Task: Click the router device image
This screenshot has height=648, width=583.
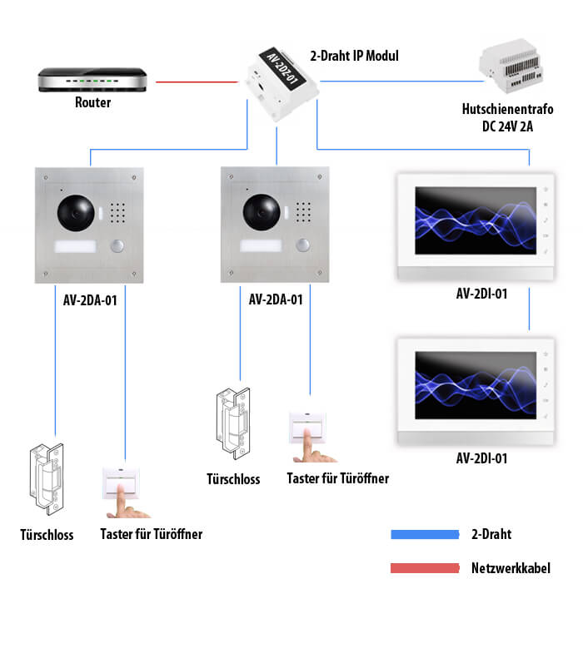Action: (92, 81)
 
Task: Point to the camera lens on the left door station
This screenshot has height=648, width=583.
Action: (73, 214)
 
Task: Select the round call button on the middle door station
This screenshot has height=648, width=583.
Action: (305, 246)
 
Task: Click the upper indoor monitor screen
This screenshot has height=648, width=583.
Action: (471, 219)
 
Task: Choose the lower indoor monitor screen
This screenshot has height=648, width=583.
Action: (471, 383)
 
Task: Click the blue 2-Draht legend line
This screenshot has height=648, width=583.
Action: (425, 534)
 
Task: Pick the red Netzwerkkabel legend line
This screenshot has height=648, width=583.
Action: (425, 568)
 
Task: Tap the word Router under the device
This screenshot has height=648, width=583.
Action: (92, 103)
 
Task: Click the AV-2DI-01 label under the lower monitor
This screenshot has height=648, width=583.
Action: (481, 458)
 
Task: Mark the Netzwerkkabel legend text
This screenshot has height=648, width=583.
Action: (511, 569)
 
